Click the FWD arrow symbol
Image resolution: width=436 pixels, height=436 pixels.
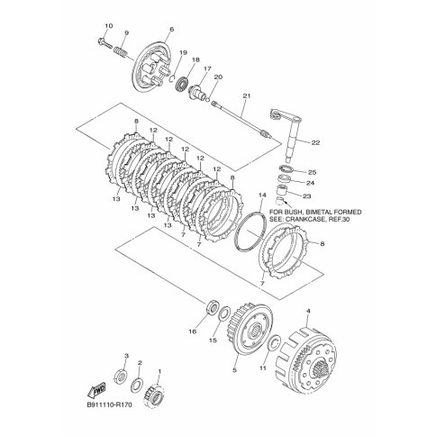point(96,390)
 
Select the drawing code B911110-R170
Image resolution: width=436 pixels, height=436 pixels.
point(109,405)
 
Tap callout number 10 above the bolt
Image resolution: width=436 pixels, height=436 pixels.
point(109,26)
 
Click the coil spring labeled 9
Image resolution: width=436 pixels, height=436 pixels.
point(121,50)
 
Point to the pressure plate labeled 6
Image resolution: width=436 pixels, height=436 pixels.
point(150,68)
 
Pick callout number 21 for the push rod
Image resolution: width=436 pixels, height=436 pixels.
point(247,96)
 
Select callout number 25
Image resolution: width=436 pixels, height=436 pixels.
point(313,172)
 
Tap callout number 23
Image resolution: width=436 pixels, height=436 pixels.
point(307,196)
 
